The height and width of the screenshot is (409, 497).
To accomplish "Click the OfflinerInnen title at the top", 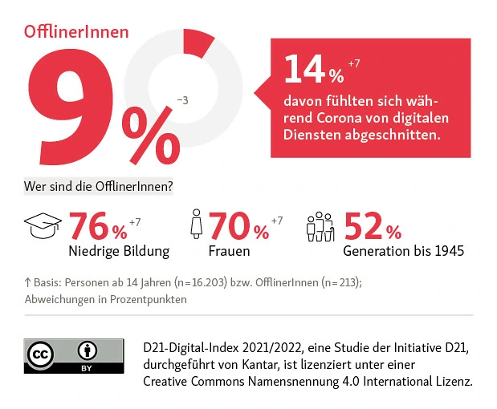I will pyautogui.click(x=76, y=32).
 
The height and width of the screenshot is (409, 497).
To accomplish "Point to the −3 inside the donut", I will pyautogui.click(x=182, y=100).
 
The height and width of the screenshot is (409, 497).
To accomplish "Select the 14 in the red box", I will pyautogui.click(x=303, y=72).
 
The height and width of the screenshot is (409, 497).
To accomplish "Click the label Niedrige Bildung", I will pyautogui.click(x=119, y=251).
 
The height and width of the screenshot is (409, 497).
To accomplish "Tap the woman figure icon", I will pyautogui.click(x=195, y=227).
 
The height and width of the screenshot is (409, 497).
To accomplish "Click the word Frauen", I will pyautogui.click(x=229, y=251).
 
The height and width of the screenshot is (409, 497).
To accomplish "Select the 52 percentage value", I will pyautogui.click(x=364, y=227).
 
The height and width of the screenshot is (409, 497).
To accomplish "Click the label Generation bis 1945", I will pyautogui.click(x=404, y=251).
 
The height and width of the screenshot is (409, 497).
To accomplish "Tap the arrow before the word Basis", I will pyautogui.click(x=27, y=282).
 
